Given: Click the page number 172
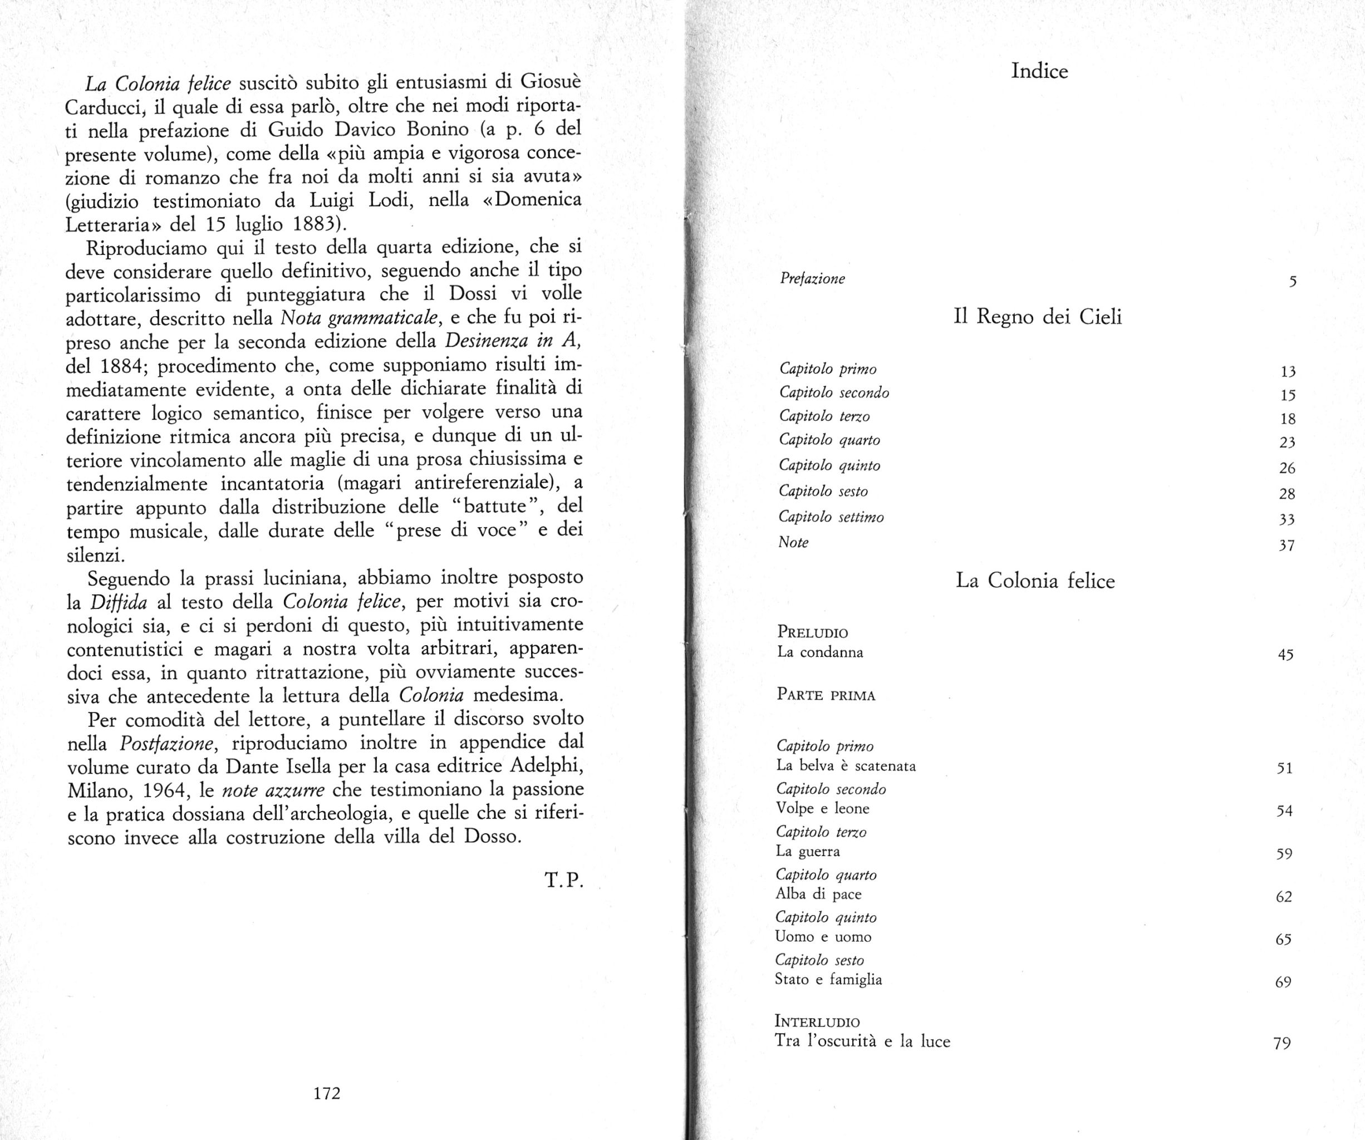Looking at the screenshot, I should pos(326,1093).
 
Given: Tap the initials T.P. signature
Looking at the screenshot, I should pos(563,880).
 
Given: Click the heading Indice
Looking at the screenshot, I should pos(1039,71).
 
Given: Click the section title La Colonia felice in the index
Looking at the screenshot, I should pos(1035,581).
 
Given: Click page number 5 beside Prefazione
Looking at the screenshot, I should pos(1292,282).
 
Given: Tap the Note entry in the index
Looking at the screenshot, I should pos(793,542).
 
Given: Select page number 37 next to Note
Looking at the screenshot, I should pos(1287,546).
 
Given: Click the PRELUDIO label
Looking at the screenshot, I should pos(813,632).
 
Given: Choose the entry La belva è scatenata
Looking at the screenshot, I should pos(846,765).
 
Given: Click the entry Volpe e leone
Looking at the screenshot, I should pos(822,809).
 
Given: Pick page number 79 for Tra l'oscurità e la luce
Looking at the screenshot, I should pos(1282,1044).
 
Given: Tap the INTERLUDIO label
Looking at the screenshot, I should pos(817,1021).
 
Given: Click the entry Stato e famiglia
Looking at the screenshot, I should pos(828,980).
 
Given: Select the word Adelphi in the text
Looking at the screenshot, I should pos(547,766).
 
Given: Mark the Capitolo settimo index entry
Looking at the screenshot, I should pos(831,517).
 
